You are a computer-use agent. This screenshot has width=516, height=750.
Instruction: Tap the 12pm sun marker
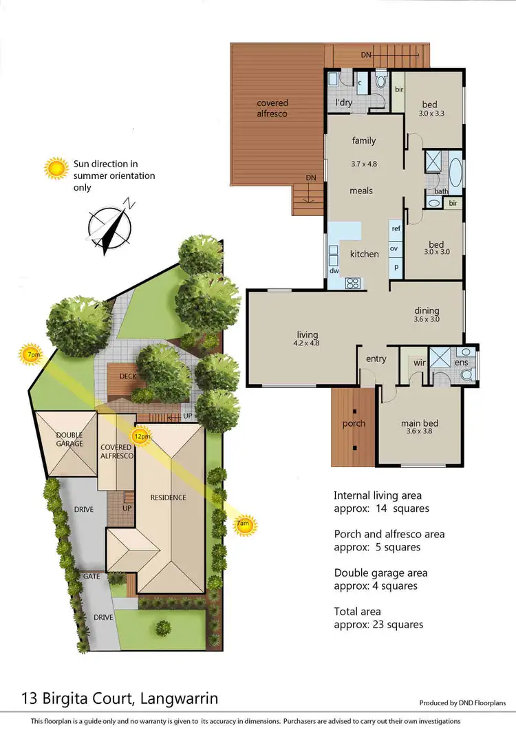[x=142, y=436]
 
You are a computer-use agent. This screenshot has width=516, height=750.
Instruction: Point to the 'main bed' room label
[x=420, y=423]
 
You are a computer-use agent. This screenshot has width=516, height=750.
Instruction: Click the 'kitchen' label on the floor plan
[x=364, y=254]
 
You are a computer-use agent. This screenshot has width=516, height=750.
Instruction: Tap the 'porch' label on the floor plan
[x=354, y=423]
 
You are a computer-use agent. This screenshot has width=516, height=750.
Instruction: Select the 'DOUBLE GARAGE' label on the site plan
[x=69, y=439]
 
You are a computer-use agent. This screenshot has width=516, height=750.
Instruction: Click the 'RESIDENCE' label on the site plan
[x=168, y=497]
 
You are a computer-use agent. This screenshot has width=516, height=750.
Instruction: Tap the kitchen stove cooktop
[x=353, y=281]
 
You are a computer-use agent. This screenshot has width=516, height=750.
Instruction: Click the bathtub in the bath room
[x=456, y=169]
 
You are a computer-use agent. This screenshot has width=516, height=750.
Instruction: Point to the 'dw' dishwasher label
[x=334, y=271]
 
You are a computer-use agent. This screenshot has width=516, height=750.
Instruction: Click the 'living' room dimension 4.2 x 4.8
[x=306, y=342]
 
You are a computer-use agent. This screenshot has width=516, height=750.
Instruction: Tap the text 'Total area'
[x=357, y=611]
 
